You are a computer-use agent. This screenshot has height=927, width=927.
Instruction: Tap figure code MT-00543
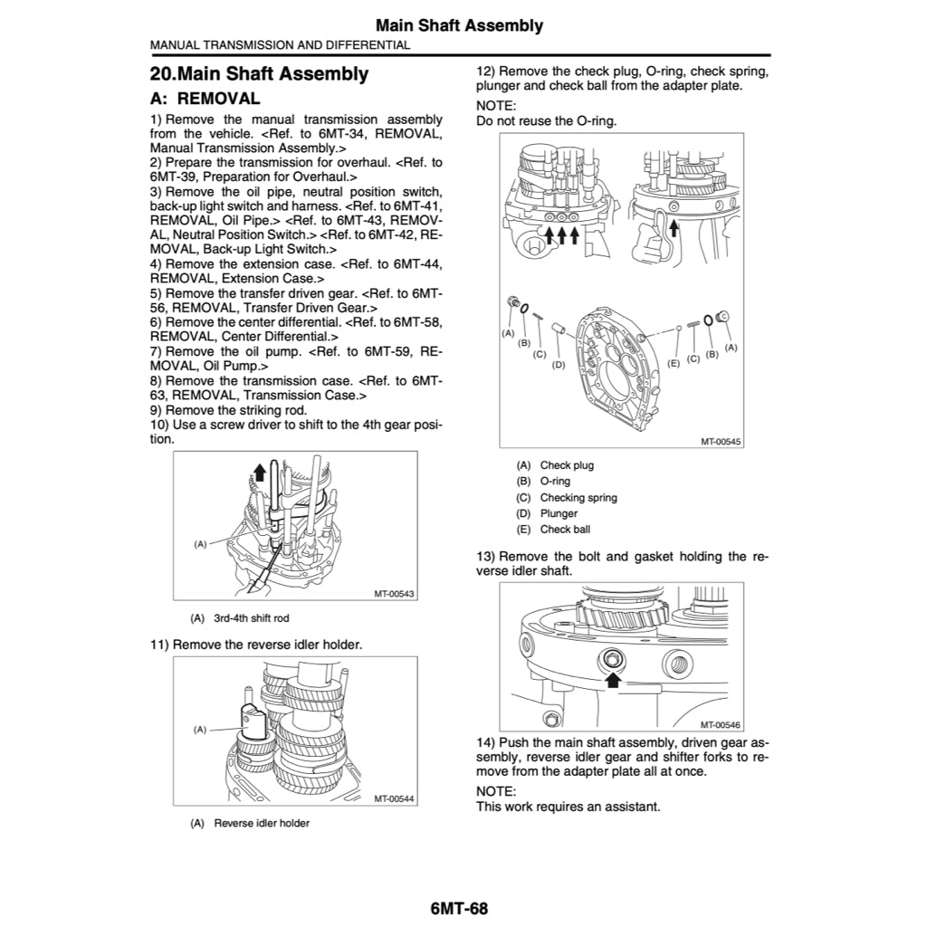[394, 594]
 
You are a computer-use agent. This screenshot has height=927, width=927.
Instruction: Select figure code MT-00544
[394, 799]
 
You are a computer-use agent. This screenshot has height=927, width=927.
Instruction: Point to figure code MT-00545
[721, 441]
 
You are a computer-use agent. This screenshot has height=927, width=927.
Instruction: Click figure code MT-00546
[721, 724]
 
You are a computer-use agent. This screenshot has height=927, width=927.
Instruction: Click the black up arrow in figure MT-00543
[261, 471]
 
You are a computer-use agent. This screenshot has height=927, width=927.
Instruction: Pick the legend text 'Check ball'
[565, 530]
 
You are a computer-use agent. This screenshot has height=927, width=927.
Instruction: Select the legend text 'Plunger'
[559, 513]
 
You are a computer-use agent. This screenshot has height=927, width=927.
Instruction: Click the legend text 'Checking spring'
[578, 498]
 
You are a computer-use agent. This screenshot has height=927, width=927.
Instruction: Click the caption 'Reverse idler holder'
[262, 823]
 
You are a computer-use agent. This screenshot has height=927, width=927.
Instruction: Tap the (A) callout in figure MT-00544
[201, 729]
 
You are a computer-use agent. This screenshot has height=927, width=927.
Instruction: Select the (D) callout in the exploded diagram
[559, 365]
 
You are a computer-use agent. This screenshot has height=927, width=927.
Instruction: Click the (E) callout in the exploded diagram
[674, 362]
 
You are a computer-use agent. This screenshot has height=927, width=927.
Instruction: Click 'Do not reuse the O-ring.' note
[547, 120]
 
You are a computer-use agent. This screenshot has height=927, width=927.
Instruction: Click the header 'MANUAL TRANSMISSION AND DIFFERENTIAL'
[280, 44]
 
